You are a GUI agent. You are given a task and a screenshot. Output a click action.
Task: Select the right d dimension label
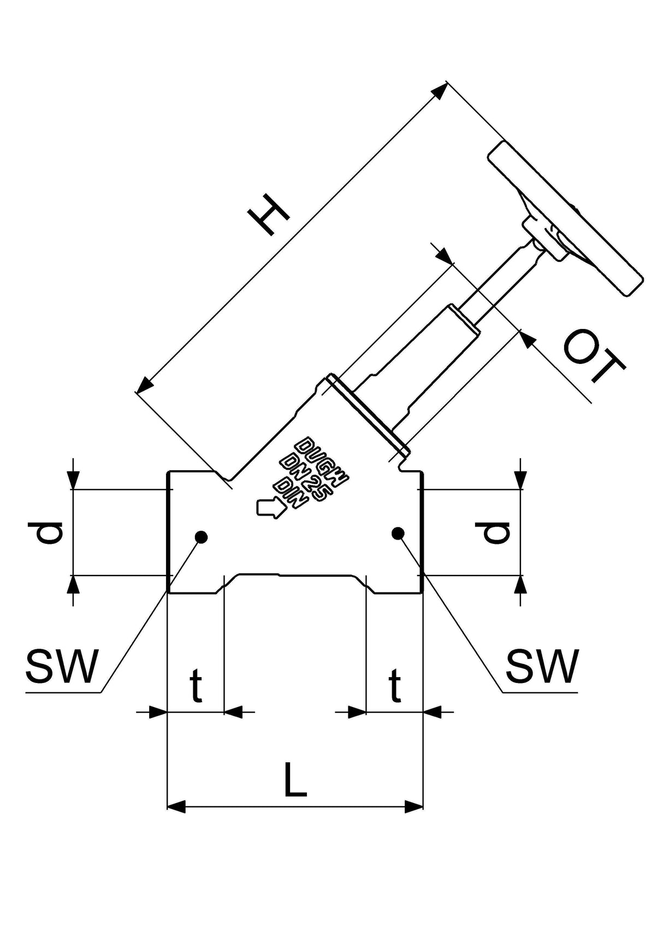tap(492, 532)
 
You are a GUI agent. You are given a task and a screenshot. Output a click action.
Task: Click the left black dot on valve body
tap(201, 537)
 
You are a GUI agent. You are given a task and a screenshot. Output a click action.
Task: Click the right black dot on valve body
tap(398, 533)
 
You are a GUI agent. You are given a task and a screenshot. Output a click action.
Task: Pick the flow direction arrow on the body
tap(270, 507)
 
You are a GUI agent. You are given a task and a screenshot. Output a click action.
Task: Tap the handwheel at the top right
tap(565, 218)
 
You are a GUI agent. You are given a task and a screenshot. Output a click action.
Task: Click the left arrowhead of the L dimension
tap(176, 807)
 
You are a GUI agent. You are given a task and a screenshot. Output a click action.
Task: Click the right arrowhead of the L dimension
tap(414, 807)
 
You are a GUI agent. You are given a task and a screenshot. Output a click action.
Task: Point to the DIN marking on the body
tap(288, 493)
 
